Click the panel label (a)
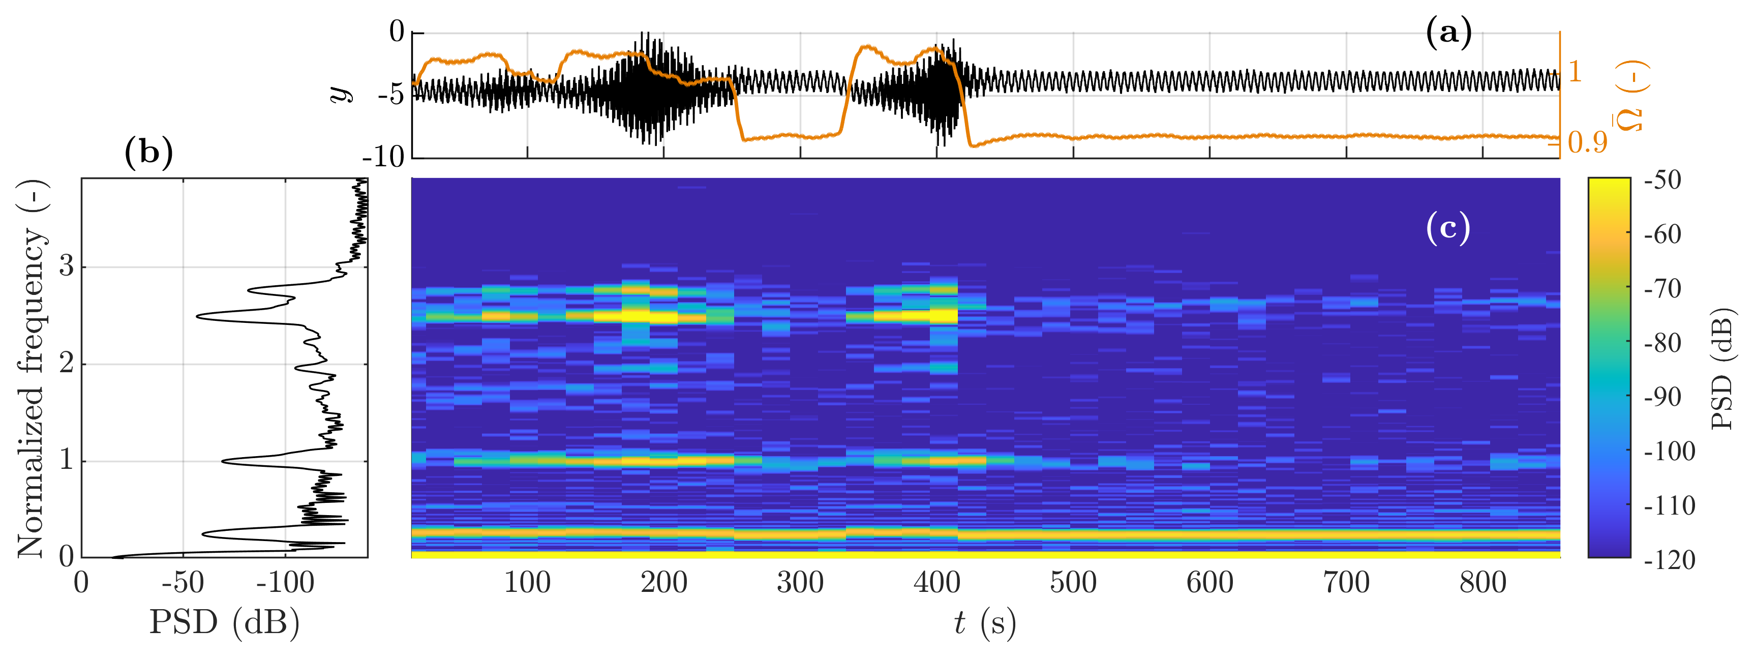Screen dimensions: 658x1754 click(x=1448, y=33)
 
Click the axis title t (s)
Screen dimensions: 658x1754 click(x=985, y=622)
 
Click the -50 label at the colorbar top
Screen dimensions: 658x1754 click(x=1662, y=181)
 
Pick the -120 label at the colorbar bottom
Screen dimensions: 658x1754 click(x=1668, y=560)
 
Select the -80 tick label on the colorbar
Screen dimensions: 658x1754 click(x=1662, y=343)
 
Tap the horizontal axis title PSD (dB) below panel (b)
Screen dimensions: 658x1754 click(x=224, y=622)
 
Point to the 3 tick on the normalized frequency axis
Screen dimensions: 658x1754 click(x=66, y=266)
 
